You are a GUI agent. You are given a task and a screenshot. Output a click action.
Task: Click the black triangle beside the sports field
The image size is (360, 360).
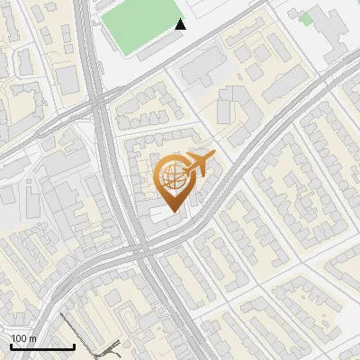pos(181,24)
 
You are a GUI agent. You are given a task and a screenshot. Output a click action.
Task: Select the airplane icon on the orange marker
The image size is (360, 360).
pos(197,166)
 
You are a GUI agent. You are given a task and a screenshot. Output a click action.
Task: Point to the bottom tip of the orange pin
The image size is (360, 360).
pos(174,211)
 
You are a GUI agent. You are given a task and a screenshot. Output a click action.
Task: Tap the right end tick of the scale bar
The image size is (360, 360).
pos(74,345)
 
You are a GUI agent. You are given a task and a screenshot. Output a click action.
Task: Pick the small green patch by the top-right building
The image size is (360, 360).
pos(306,18)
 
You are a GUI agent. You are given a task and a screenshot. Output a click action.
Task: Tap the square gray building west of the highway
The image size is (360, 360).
pos(69,81)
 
